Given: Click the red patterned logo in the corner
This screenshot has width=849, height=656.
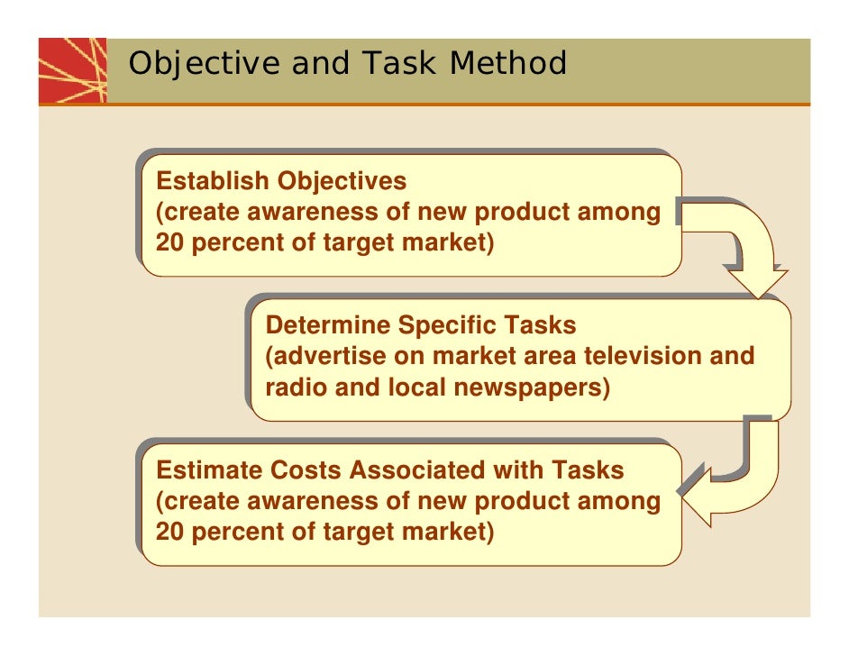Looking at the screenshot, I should point(72,70).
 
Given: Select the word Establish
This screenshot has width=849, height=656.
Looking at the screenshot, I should point(213,181).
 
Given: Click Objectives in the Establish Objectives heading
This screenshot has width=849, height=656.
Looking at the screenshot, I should point(342,181).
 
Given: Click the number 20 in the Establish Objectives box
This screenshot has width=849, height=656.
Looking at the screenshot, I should point(169,244).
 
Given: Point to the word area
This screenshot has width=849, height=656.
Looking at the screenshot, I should point(544,356).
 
